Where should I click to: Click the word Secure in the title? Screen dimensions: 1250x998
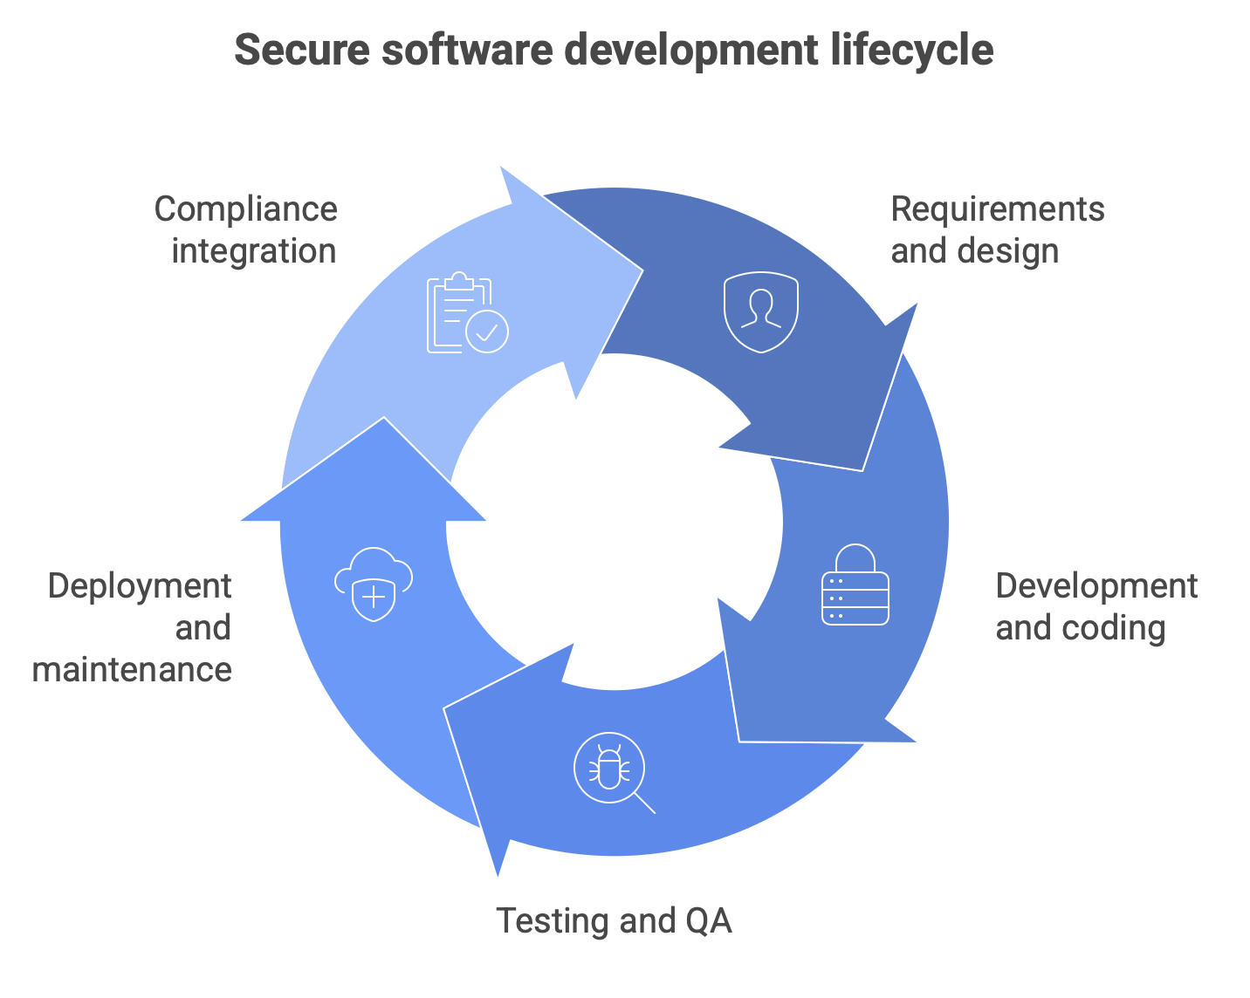point(302,50)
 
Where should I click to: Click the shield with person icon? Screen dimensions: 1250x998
point(761,311)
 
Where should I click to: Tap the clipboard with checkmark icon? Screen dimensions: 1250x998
point(468,312)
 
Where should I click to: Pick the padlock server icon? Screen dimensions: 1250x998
point(855,584)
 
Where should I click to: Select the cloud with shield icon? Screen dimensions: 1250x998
point(374,584)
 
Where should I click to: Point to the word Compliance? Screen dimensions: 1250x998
point(245,210)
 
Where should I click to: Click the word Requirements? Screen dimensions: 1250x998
point(998,210)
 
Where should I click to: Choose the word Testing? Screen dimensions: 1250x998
point(552,921)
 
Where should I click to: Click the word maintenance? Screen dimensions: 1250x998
point(132,670)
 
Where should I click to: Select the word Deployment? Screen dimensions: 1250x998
point(140,587)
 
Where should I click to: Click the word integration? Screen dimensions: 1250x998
point(254,252)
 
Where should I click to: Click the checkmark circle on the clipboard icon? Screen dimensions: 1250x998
point(487,332)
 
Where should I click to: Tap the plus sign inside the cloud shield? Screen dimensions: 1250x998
point(374,596)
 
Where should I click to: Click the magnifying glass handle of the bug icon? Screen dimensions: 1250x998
point(645,803)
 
